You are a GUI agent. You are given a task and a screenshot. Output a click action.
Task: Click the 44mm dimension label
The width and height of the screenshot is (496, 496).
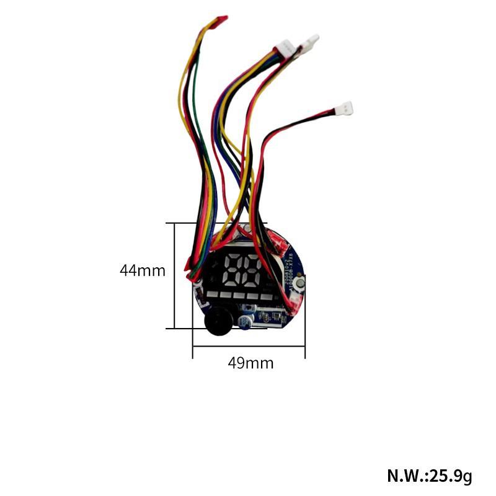(x=143, y=270)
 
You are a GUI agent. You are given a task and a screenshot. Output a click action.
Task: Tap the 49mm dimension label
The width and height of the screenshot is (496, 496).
(x=250, y=363)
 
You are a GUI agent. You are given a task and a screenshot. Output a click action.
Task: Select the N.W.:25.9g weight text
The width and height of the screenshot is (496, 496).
(x=429, y=476)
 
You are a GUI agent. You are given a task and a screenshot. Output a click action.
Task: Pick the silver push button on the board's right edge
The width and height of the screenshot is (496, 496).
(x=301, y=284)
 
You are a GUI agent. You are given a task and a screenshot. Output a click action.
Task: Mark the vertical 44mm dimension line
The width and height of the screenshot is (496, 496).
(x=175, y=276)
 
